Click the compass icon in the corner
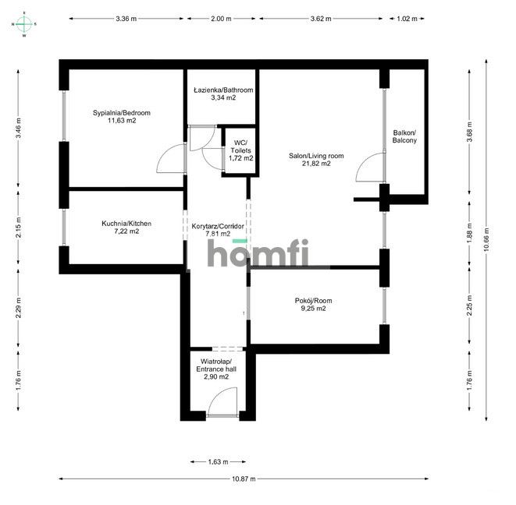click(24, 23)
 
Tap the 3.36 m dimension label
click(126, 19)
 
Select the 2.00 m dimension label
click(221, 19)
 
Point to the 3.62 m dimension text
click(321, 19)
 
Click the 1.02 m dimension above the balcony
click(407, 19)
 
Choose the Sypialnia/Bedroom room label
click(122, 113)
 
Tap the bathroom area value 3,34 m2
click(223, 97)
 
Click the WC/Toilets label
click(240, 147)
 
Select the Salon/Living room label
click(316, 156)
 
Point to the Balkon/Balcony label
click(404, 136)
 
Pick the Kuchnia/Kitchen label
click(126, 224)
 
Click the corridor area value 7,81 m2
click(218, 234)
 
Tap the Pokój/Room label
click(313, 301)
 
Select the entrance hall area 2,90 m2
click(216, 377)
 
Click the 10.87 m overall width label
click(244, 479)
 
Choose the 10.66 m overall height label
click(486, 239)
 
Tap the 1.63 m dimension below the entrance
click(218, 462)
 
